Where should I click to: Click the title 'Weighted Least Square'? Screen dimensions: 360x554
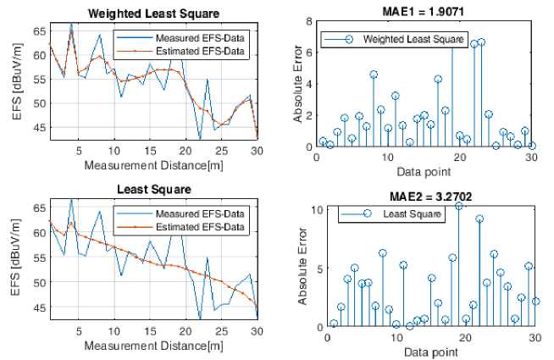152,12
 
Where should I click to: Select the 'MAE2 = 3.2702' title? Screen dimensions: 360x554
431,196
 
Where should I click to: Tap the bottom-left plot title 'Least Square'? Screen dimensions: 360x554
152,188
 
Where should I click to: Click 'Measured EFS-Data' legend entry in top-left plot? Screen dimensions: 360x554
199,39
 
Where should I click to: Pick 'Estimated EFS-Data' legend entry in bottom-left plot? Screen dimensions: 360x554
199,227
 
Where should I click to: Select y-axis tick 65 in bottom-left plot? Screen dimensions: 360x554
37,207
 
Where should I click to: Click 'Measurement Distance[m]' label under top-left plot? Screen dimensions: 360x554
153,163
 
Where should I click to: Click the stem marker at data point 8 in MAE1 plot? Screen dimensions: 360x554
373,75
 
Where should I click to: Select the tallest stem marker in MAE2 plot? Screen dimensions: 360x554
459,206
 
